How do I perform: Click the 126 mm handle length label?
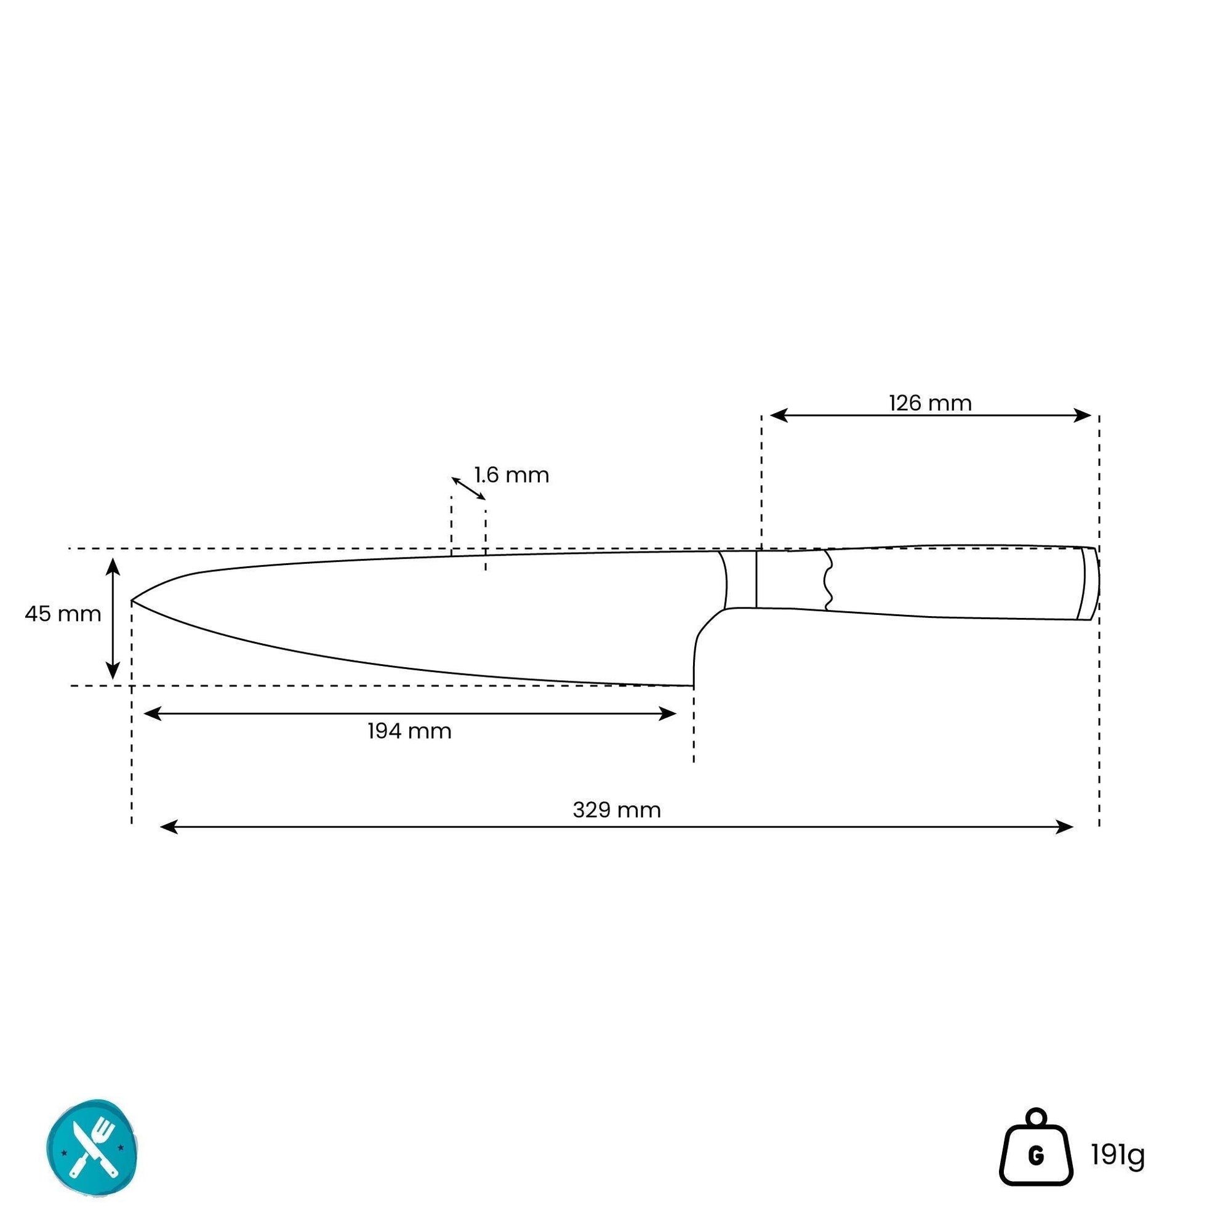pos(929,403)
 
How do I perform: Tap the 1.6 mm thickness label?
pos(511,475)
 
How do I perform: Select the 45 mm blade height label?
pos(63,614)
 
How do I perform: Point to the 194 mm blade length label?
pos(409,731)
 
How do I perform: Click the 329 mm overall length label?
pos(617,811)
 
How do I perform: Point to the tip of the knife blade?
pos(132,600)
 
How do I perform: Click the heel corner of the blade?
pos(693,686)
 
